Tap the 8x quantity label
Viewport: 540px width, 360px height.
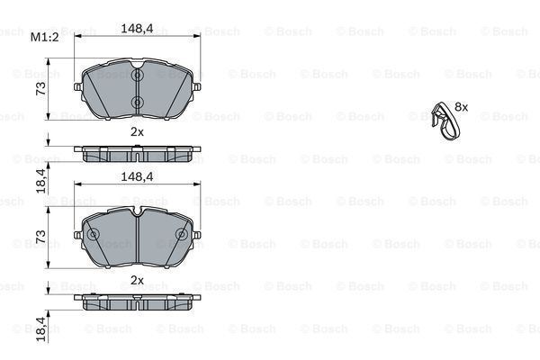[462, 106]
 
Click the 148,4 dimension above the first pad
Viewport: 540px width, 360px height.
[137, 29]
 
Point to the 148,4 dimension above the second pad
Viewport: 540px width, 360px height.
[137, 177]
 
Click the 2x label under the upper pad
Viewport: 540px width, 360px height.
[137, 131]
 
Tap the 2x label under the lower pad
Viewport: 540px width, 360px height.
[137, 280]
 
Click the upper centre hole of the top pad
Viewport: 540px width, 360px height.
[137, 77]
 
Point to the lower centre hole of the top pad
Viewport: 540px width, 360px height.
[137, 101]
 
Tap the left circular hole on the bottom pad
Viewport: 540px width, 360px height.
[92, 235]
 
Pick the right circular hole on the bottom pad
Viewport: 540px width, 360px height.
[182, 235]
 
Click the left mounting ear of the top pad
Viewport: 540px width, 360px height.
[81, 87]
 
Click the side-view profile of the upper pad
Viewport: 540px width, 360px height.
[137, 154]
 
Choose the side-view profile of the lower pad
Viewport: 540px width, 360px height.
[137, 302]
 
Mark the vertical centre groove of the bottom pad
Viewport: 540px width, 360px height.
[137, 241]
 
